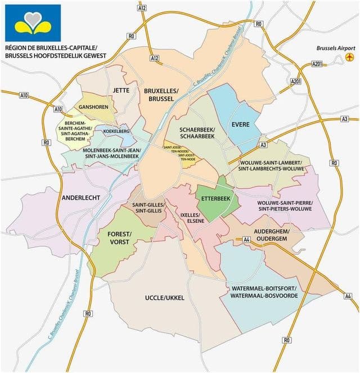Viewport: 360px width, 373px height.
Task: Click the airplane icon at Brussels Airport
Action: pos(350,57)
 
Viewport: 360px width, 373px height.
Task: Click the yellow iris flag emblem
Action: pos(33,23)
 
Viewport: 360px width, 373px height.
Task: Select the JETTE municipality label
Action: pos(121,90)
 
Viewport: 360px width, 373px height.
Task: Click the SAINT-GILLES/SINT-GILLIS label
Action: pos(148,208)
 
